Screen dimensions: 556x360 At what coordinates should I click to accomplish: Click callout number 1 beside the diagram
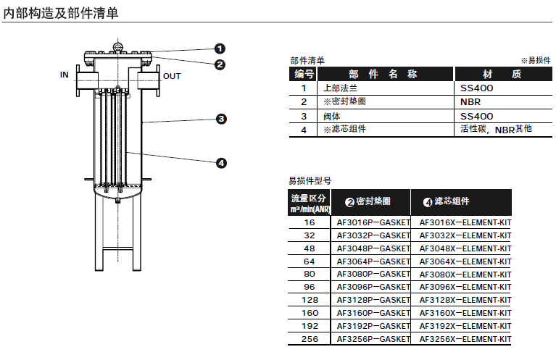click(x=220, y=49)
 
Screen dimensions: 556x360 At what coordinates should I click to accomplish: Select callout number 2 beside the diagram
click(x=220, y=64)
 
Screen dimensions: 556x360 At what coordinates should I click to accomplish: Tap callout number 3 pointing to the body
click(x=221, y=119)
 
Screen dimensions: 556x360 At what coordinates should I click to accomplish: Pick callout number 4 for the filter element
click(x=221, y=163)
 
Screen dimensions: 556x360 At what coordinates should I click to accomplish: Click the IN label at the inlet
click(x=65, y=75)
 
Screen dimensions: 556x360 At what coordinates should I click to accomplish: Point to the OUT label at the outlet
click(x=172, y=76)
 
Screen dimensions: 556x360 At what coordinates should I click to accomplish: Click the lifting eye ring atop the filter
click(x=117, y=46)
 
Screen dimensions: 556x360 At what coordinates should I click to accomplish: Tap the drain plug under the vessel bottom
click(x=117, y=201)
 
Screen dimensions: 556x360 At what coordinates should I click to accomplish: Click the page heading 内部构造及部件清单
click(x=61, y=13)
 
